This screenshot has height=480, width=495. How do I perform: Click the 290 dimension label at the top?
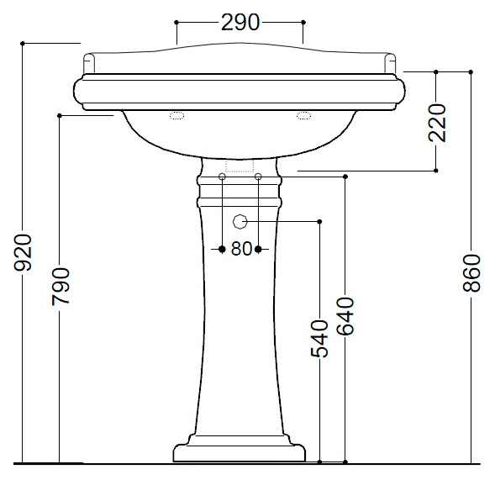tap(240, 23)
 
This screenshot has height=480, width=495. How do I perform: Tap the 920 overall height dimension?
tap(23, 252)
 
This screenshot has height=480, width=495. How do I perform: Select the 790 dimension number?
tap(61, 287)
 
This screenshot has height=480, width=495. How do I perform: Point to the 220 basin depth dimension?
tap(437, 123)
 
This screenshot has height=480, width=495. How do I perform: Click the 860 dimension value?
tap(472, 273)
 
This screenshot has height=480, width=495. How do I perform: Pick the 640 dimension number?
tap(345, 316)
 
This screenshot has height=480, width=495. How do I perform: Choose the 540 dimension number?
tap(319, 339)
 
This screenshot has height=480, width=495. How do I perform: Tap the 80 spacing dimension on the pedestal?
tap(241, 249)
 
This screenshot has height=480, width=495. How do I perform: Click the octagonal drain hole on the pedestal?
tap(240, 221)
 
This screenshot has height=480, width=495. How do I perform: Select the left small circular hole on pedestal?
tap(222, 177)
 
